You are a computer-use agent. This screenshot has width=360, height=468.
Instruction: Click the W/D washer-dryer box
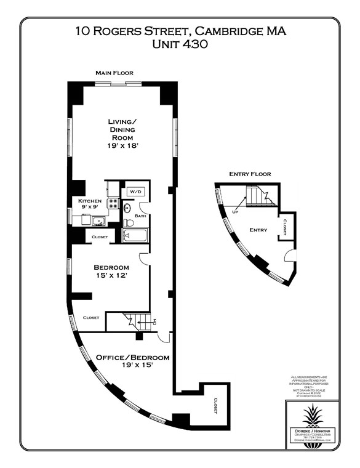(134, 192)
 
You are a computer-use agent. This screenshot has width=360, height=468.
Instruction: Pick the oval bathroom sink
(127, 208)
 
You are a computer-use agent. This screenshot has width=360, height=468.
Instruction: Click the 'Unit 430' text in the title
(180, 44)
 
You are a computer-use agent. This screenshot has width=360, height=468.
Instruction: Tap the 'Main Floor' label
(114, 73)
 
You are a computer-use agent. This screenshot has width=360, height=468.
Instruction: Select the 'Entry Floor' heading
(249, 174)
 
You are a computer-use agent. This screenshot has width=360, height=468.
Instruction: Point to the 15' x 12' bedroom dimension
(111, 276)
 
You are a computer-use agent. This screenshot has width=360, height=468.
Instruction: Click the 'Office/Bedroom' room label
(132, 357)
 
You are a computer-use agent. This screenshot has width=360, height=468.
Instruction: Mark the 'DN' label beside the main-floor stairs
(154, 321)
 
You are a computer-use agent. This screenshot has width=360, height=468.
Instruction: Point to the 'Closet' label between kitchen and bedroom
(100, 236)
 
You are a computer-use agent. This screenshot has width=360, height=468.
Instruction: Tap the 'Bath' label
(140, 216)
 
